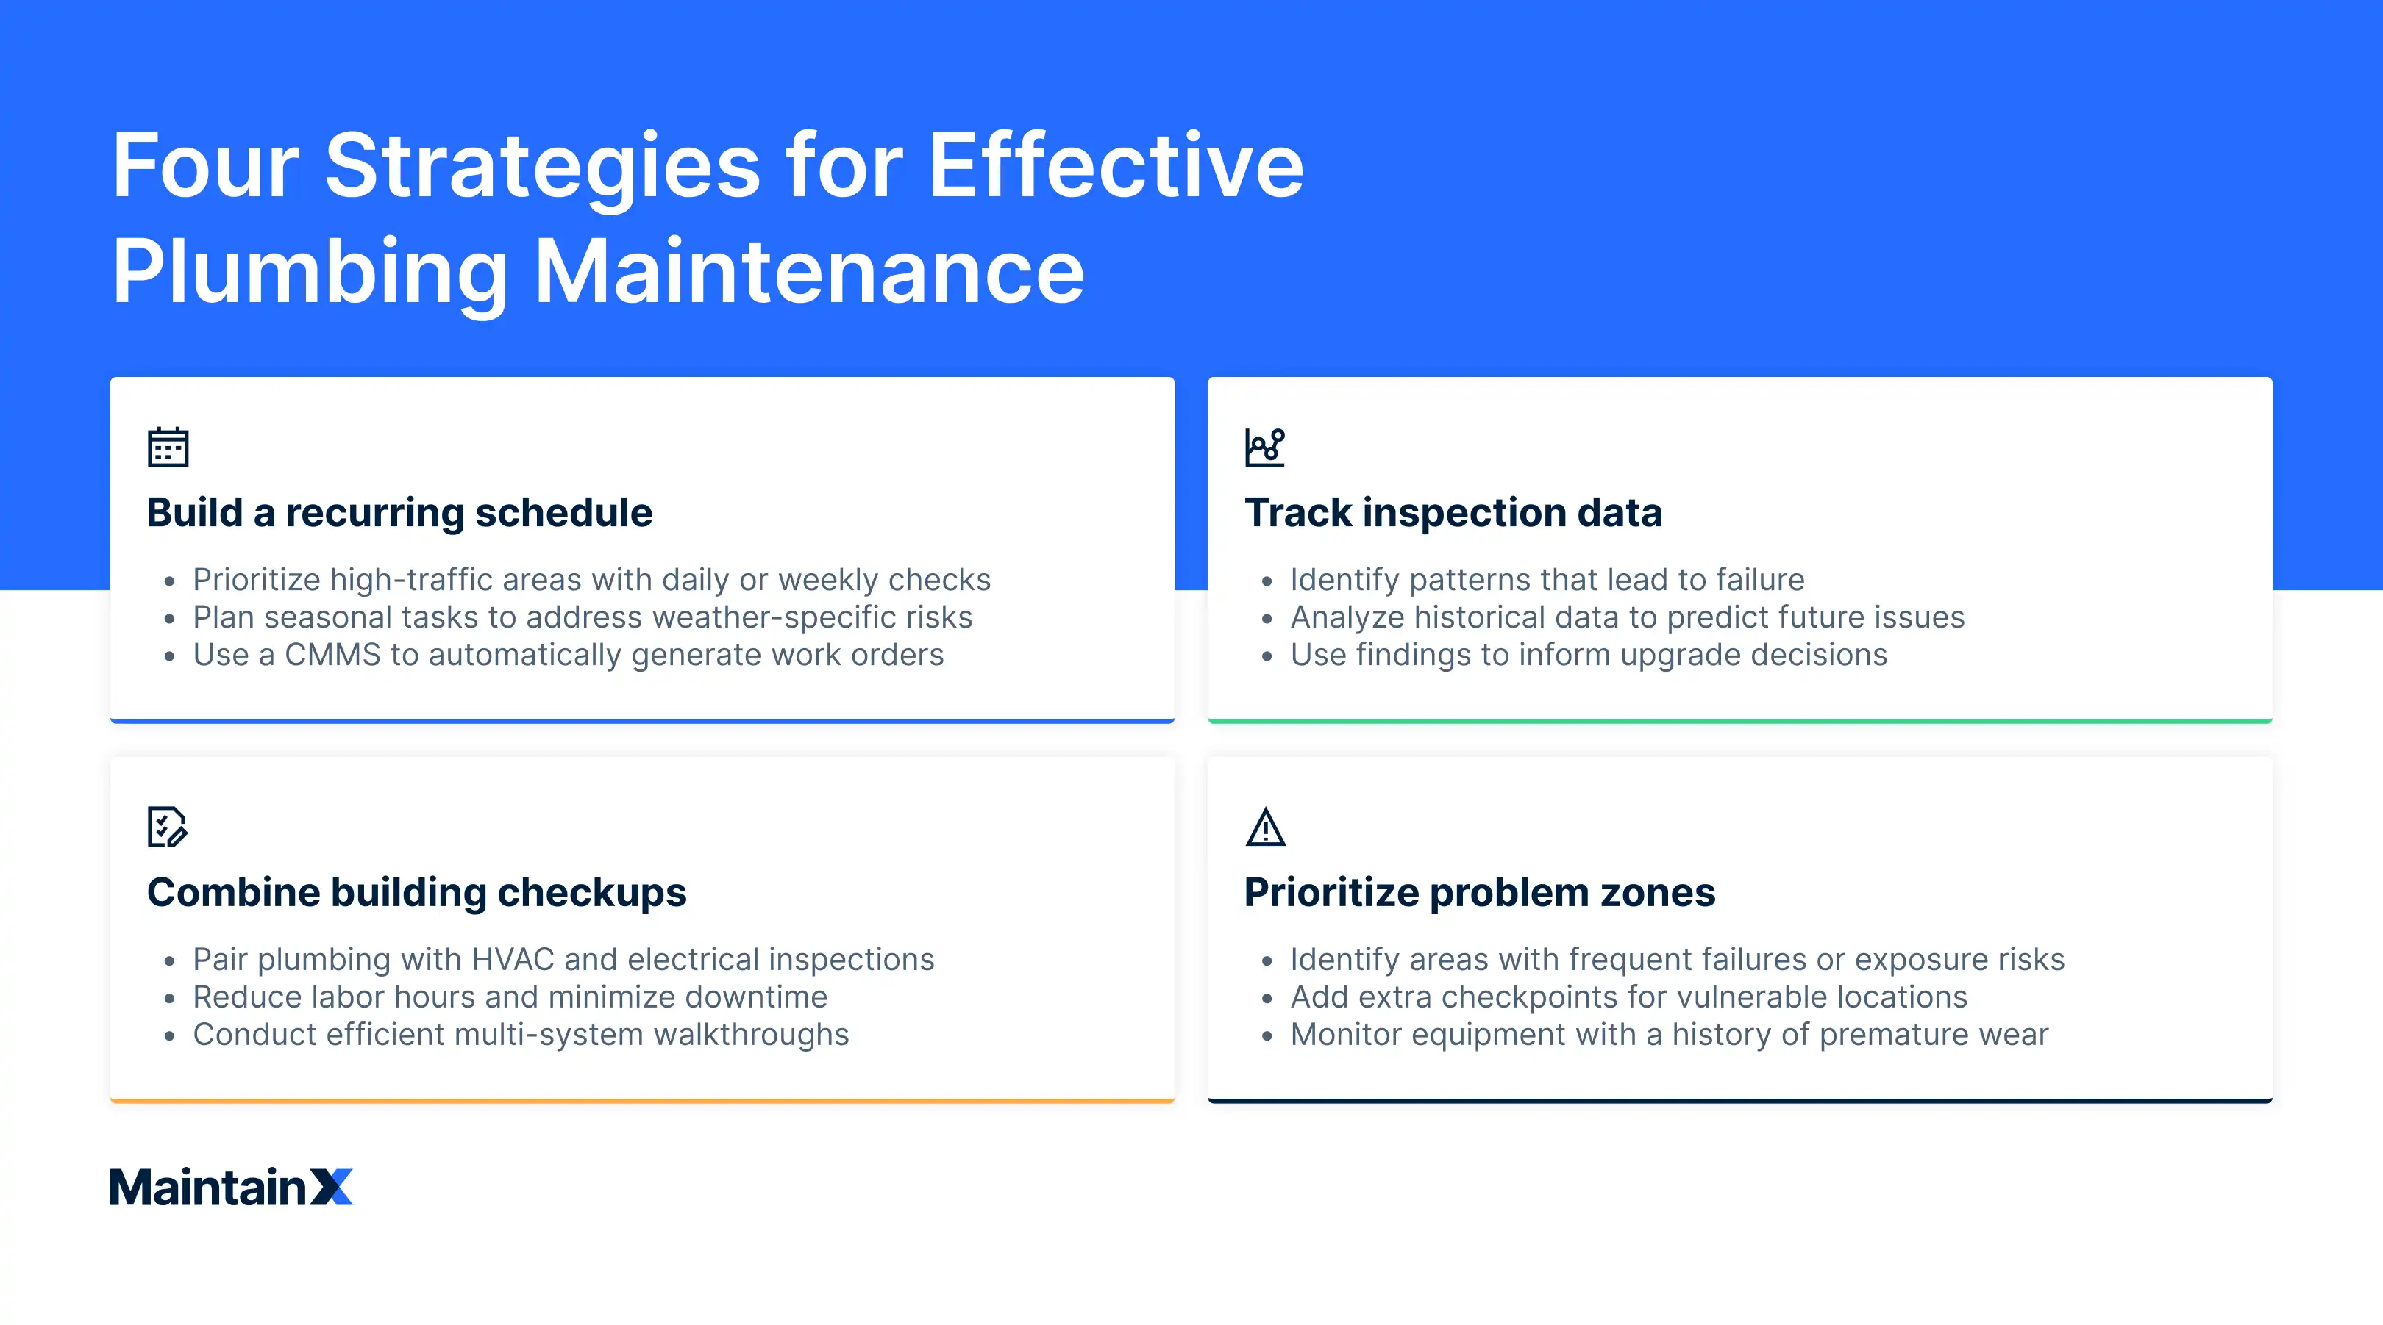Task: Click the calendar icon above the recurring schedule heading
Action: (x=168, y=448)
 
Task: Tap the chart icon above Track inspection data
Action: (x=1264, y=448)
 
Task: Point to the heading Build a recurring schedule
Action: (x=399, y=512)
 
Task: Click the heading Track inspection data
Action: (x=1453, y=512)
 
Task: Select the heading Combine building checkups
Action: (x=416, y=892)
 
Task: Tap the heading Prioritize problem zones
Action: (x=1479, y=892)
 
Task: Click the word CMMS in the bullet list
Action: (x=332, y=655)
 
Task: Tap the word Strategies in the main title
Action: (x=543, y=165)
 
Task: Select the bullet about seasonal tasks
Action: (x=582, y=617)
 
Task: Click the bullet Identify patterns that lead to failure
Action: (x=1547, y=580)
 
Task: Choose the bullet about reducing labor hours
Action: (x=510, y=997)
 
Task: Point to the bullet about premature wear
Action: (x=1669, y=1035)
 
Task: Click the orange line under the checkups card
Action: (x=642, y=1100)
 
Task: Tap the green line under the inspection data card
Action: (x=1739, y=720)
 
